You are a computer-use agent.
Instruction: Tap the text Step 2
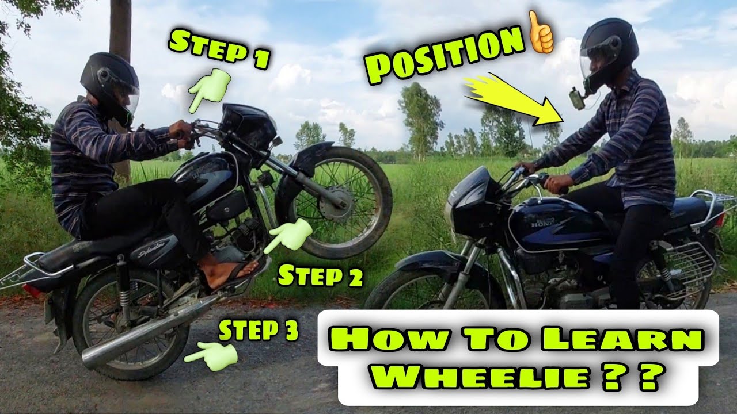click(x=320, y=277)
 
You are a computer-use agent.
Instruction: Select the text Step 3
click(x=258, y=331)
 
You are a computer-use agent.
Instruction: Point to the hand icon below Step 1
click(x=208, y=89)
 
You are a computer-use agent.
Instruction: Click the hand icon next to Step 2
click(x=289, y=235)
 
